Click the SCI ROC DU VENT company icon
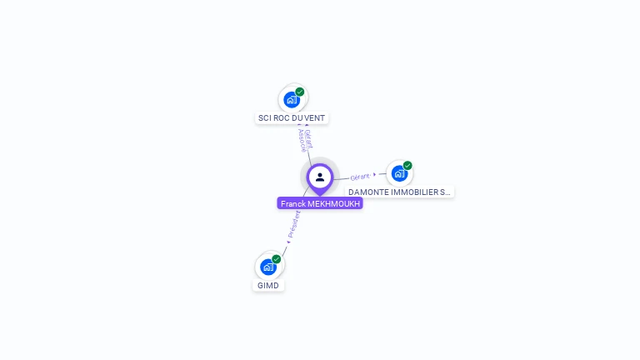click(x=291, y=100)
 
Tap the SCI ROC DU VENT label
click(x=292, y=118)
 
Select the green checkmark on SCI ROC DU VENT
click(x=300, y=92)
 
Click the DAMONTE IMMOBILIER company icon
click(x=399, y=173)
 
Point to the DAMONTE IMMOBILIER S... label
click(x=400, y=192)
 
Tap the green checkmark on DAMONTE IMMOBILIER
click(x=407, y=165)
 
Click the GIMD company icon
click(x=267, y=267)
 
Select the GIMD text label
click(x=268, y=285)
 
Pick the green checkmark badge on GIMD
click(x=277, y=258)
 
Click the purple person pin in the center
click(x=320, y=177)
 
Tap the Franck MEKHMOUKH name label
click(x=320, y=203)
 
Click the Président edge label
click(x=293, y=223)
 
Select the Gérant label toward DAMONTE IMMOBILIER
click(x=360, y=177)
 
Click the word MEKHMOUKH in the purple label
click(x=334, y=203)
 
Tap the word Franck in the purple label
click(x=292, y=203)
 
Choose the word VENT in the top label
click(x=315, y=118)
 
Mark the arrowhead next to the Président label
click(x=288, y=242)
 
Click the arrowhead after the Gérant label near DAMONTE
click(x=375, y=174)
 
